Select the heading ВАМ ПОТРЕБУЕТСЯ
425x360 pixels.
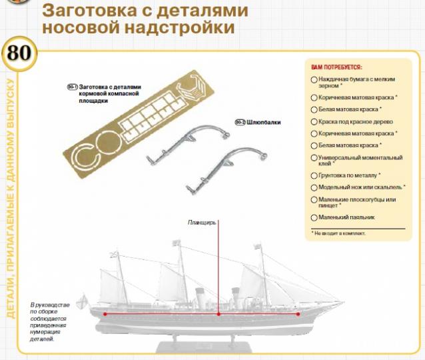click(336, 68)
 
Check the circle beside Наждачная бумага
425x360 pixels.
click(314, 79)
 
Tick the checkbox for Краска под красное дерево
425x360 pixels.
click(314, 121)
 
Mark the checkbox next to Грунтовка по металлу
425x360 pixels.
click(314, 175)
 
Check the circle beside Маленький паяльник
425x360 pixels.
click(314, 217)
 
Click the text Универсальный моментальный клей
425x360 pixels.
click(360, 160)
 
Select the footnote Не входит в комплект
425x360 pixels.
click(340, 233)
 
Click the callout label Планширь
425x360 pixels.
click(202, 223)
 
